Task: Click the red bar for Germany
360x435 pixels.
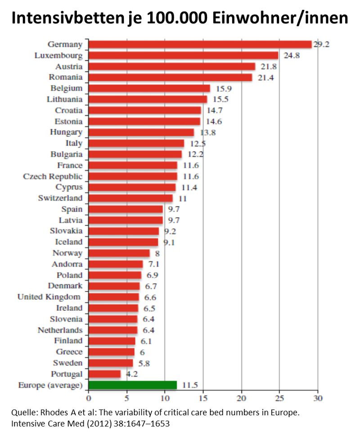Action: (x=200, y=45)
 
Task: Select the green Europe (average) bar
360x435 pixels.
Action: (x=133, y=385)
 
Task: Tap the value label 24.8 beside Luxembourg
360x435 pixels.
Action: (x=292, y=56)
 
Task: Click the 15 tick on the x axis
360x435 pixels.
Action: (x=203, y=398)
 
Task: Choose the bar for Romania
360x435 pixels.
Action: (x=170, y=77)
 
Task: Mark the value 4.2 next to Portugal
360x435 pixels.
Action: (x=132, y=374)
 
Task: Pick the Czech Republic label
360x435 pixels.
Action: (x=53, y=176)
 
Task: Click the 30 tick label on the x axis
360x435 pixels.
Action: (x=318, y=398)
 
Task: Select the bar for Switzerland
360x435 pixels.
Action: (x=130, y=198)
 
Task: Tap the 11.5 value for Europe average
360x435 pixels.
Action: (x=190, y=385)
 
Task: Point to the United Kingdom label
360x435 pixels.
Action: (x=49, y=297)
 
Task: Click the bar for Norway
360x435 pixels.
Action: (x=119, y=253)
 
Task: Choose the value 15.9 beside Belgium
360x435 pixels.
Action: (x=224, y=89)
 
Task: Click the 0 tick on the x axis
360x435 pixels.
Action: (x=89, y=398)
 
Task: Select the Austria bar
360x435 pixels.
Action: (x=171, y=67)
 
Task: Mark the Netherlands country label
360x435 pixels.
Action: (x=60, y=330)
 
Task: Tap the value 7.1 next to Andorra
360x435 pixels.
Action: (x=154, y=264)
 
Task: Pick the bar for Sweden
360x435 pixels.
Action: (x=111, y=363)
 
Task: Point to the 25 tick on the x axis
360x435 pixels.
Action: (x=279, y=398)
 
